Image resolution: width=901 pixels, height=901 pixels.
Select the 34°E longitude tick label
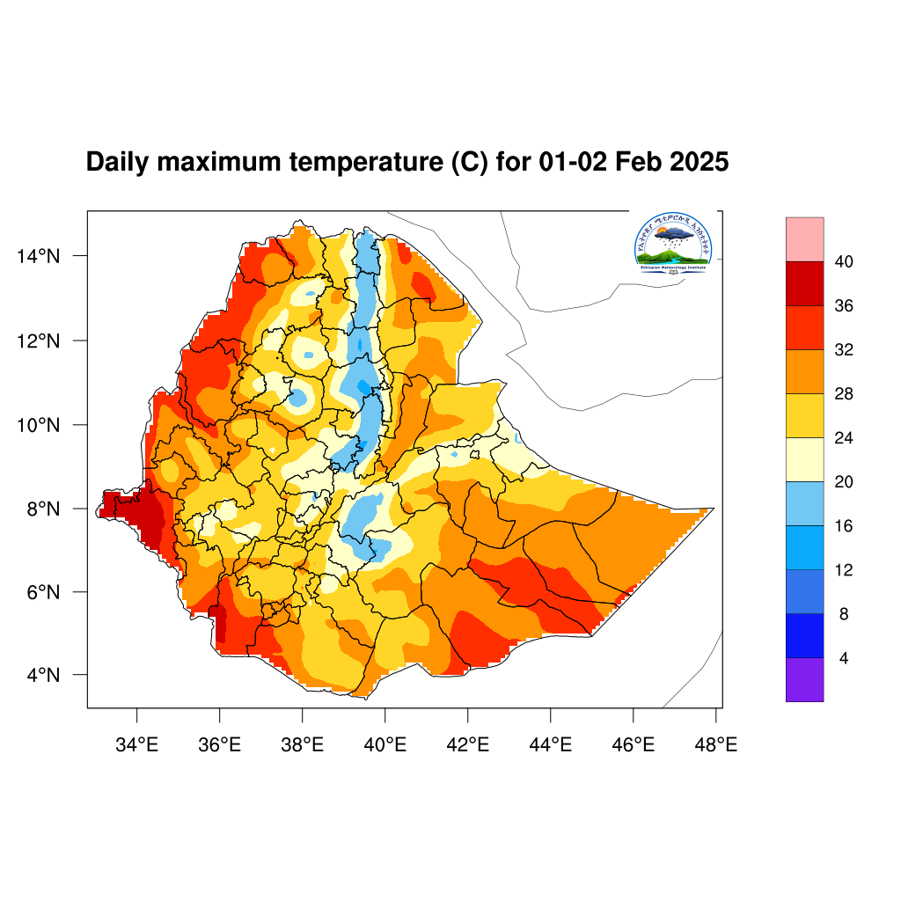coord(136,745)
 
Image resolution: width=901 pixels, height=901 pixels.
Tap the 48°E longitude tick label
coord(715,745)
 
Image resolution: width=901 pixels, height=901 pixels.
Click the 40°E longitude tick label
coord(385,745)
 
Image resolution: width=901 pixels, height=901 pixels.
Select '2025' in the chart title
coord(700,163)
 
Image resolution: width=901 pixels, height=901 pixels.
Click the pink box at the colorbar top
coord(804,239)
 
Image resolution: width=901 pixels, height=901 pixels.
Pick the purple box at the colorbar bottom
coord(804,679)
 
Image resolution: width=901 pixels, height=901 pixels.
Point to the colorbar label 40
coord(845,262)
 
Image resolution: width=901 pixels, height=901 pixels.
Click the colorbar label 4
coord(845,658)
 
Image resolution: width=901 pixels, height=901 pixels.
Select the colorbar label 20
coord(845,482)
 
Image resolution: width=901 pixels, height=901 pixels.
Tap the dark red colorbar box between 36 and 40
coord(804,283)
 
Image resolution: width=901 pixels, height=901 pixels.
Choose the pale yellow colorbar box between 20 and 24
coord(804,459)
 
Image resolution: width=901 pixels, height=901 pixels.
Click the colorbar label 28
coord(845,394)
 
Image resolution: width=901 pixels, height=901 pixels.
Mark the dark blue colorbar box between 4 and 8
coord(804,635)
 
